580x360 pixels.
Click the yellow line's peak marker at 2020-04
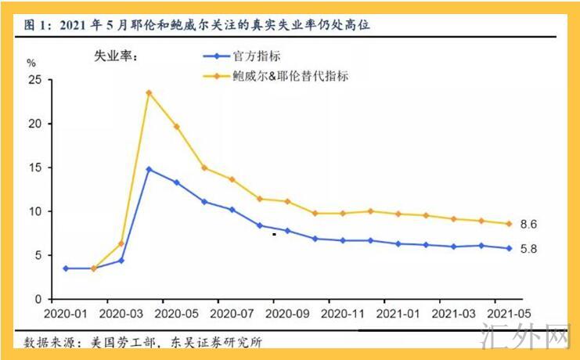pyautogui.click(x=149, y=92)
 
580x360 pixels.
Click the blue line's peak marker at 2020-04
pyautogui.click(x=149, y=169)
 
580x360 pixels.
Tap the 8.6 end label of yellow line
pyautogui.click(x=528, y=224)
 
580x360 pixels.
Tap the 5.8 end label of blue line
pyautogui.click(x=528, y=249)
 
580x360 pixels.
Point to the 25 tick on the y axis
pyautogui.click(x=33, y=80)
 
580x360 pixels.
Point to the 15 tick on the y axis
pyautogui.click(x=33, y=167)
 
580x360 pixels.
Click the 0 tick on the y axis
pyautogui.click(x=36, y=300)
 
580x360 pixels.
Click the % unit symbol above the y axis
pyautogui.click(x=31, y=62)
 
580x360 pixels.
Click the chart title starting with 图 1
pyautogui.click(x=196, y=25)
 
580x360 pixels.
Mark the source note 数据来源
pyautogui.click(x=144, y=342)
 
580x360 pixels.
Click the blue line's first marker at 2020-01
pyautogui.click(x=65, y=268)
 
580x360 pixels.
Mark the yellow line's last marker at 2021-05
pyautogui.click(x=508, y=224)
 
